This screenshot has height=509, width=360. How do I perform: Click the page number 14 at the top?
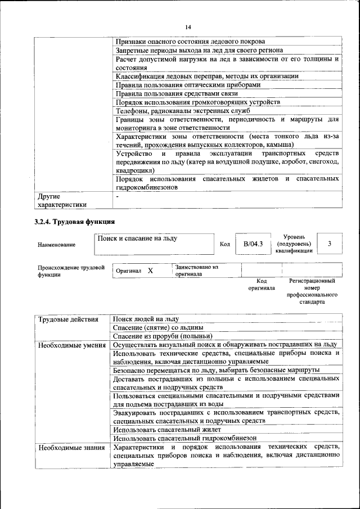(188, 27)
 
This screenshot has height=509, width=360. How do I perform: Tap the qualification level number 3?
(329, 244)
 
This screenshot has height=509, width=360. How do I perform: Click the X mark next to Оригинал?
(150, 271)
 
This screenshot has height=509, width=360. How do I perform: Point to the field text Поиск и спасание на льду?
(137, 238)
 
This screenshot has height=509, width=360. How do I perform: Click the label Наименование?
(56, 245)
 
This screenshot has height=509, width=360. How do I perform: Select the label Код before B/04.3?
(224, 244)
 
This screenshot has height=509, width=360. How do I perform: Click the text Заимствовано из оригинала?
(196, 271)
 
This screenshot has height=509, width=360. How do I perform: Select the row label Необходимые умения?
(72, 344)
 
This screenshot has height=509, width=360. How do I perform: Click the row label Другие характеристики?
(62, 201)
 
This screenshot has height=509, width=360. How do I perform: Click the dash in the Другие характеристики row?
(117, 197)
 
